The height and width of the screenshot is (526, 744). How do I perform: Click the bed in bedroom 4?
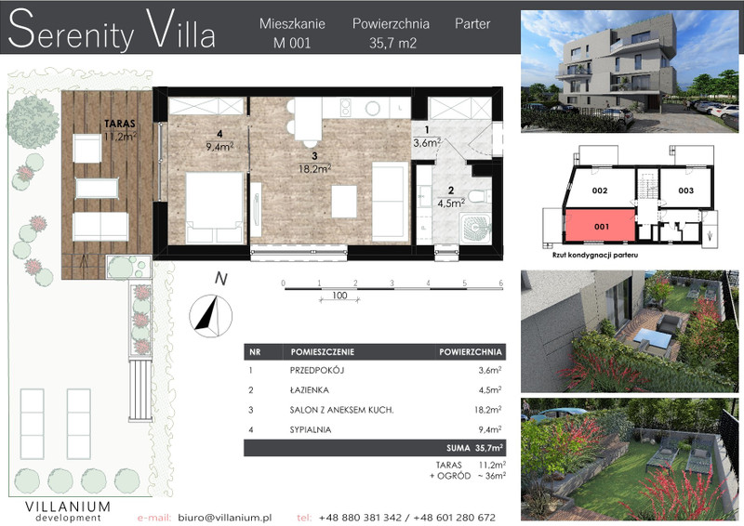point(215,207)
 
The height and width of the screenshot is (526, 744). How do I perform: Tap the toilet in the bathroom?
point(479,195)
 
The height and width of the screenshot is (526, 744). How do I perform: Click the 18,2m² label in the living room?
point(314,168)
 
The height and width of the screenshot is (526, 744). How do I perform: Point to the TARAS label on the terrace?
point(120,124)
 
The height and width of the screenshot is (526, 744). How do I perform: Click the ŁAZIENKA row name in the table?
point(309,390)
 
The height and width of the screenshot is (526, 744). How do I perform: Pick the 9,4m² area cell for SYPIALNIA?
point(490,429)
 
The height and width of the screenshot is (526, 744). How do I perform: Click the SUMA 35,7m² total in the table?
point(474,448)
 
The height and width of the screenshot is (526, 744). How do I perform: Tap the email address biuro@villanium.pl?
point(225,518)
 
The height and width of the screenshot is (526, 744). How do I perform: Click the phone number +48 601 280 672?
point(454,518)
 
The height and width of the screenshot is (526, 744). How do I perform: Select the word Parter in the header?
point(472,24)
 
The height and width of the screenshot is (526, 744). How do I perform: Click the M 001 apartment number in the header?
point(292,43)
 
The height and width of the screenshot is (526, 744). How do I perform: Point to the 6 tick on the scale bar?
point(501,283)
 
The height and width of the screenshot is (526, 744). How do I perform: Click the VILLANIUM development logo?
point(68,510)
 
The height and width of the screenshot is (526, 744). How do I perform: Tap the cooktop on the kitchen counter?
point(346,108)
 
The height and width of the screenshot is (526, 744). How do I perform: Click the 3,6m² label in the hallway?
point(427,142)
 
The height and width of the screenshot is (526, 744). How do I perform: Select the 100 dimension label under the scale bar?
point(339,296)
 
